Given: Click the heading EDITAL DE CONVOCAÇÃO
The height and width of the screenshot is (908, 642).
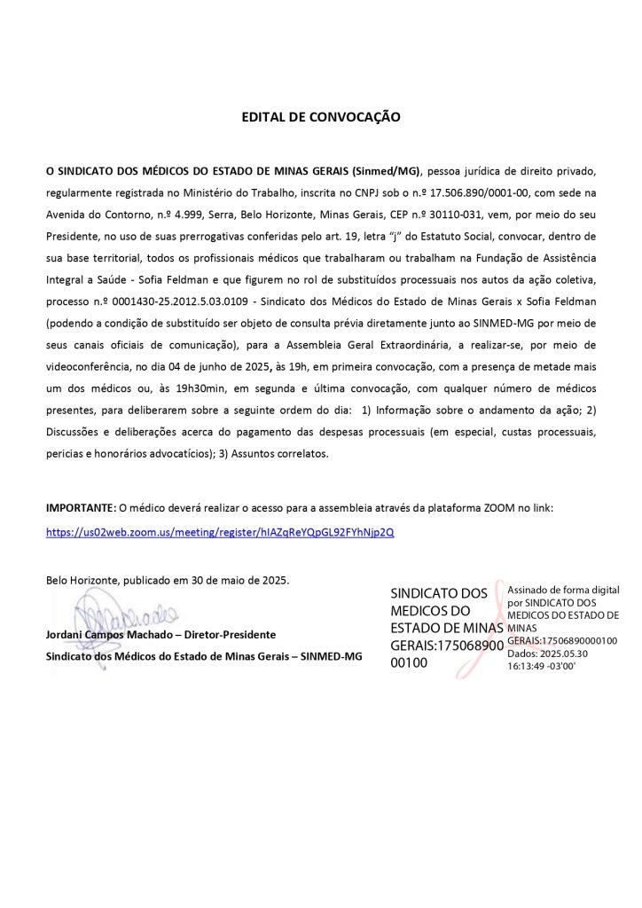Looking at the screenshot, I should point(321,117).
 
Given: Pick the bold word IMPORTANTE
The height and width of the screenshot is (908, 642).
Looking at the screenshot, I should point(80,508).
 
